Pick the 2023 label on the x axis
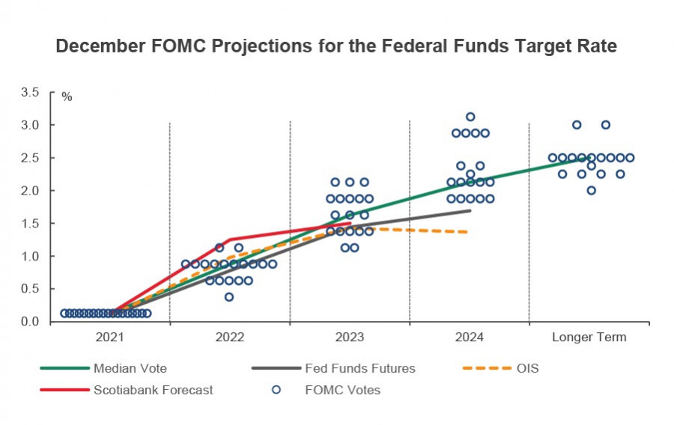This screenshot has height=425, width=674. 349,337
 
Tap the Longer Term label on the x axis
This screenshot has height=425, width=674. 589,337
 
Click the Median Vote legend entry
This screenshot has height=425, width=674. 130,368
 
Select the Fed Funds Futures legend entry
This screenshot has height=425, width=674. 359,368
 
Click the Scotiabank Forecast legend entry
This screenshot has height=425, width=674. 153,390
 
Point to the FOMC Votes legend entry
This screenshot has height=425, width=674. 343,390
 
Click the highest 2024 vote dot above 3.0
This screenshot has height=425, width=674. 470,117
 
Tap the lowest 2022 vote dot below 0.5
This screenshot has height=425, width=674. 229,297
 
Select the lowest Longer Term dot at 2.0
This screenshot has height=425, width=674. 591,190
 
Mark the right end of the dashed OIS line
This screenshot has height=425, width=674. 467,232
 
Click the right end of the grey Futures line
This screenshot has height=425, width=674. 470,210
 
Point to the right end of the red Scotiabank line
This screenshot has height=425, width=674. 350,223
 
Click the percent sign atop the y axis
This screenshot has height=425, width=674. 67,97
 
